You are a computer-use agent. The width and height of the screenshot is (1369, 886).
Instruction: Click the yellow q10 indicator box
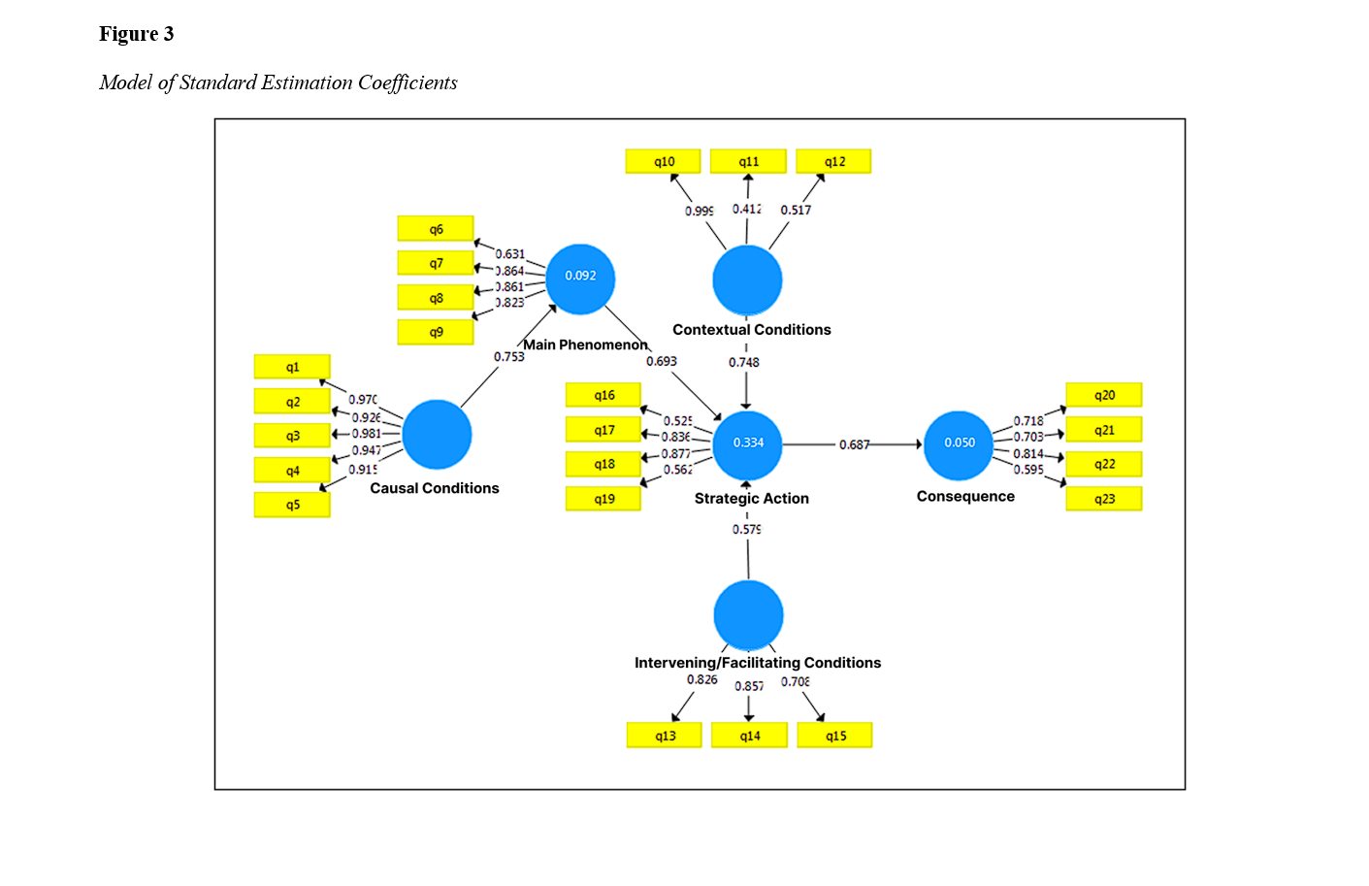coord(664,161)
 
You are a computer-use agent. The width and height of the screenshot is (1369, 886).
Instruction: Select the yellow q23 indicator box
coord(1103,499)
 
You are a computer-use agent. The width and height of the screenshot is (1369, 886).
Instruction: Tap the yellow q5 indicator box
coord(292,505)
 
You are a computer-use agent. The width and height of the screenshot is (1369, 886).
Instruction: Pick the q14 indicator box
coord(749,736)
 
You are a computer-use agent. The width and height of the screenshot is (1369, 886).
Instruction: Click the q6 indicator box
coord(436,229)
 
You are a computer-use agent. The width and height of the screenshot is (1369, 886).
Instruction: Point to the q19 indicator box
coord(603,499)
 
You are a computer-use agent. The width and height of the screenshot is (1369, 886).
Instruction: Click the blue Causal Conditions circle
coord(437,435)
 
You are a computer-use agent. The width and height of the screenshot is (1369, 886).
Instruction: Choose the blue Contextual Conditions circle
coord(747,280)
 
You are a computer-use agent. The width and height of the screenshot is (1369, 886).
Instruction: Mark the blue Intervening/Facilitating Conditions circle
coord(748,615)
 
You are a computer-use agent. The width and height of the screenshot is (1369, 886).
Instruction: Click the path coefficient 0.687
coord(854,444)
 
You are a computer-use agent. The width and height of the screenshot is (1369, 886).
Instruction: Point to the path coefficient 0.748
coord(744,363)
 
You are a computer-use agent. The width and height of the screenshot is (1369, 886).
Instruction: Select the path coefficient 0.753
coord(508,357)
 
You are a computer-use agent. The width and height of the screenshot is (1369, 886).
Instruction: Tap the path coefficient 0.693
coord(662,361)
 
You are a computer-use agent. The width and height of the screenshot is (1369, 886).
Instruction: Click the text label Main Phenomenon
coord(585,345)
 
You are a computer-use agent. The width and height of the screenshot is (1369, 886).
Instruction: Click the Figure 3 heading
coord(136,34)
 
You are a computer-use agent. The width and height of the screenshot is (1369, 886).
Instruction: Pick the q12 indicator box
coord(834,161)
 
